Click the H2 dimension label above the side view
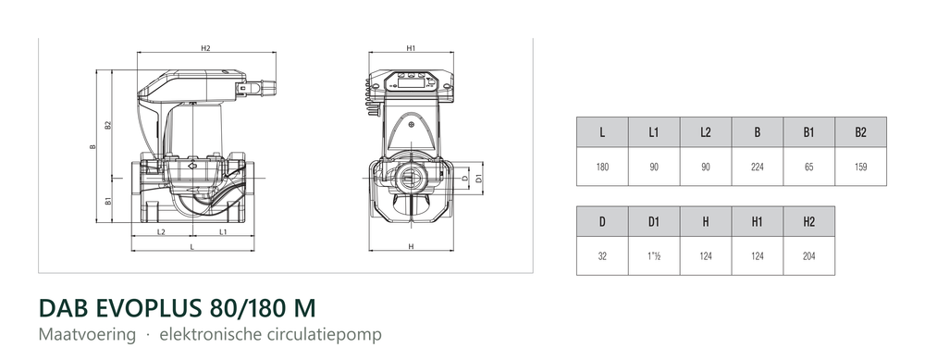coord(205,48)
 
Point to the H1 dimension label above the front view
coord(412,48)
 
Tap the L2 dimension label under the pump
coord(161,232)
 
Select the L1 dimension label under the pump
coord(223,232)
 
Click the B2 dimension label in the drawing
coord(108,125)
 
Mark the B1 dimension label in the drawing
coord(108,201)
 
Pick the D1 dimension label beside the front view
coord(479,177)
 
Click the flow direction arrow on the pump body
coord(193,166)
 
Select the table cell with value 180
coord(602,167)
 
